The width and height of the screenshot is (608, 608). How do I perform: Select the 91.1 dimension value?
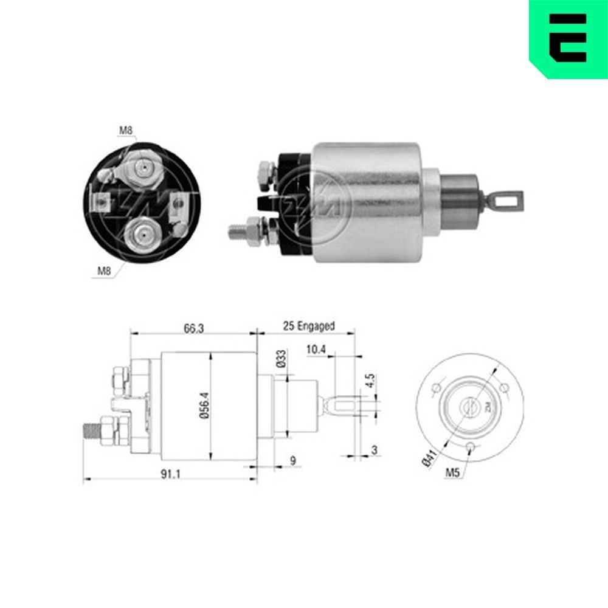[169, 475]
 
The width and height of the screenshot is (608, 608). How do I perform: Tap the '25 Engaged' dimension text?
[308, 326]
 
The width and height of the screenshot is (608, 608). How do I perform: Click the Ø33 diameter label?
[280, 359]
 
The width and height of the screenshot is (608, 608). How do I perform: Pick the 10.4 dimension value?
[316, 350]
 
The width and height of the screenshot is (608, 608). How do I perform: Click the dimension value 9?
[292, 461]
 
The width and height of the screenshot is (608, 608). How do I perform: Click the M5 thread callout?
[452, 472]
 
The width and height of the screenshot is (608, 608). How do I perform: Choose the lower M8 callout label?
[105, 271]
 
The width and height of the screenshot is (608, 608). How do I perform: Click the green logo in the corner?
[568, 38]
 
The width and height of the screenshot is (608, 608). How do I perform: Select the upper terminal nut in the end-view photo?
[141, 167]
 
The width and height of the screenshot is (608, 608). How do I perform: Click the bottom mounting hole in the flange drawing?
[470, 448]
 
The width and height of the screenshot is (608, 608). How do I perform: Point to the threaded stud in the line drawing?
[93, 430]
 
